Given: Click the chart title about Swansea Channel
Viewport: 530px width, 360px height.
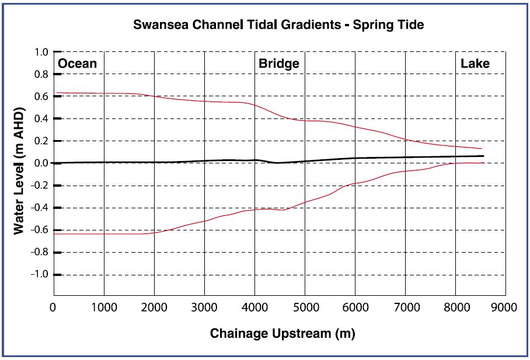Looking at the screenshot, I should [278, 26].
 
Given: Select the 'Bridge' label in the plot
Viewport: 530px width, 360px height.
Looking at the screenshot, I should [279, 64].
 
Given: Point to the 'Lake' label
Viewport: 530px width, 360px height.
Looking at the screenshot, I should [475, 64].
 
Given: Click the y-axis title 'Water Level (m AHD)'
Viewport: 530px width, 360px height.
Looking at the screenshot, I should [20, 171].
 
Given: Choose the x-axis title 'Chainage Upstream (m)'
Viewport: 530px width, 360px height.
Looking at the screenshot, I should [282, 334].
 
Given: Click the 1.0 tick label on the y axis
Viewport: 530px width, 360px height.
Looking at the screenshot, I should [41, 53].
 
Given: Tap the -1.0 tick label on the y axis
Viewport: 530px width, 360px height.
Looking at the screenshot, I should [40, 275].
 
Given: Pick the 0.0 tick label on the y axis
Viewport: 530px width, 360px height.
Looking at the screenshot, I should [41, 163].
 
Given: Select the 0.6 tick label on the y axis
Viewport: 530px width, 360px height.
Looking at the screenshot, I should [41, 97].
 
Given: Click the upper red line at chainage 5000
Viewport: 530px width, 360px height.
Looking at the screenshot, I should [305, 120].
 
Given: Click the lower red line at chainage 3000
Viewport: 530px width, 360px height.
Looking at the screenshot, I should [204, 221].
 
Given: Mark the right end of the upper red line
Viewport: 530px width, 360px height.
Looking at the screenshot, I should [481, 149].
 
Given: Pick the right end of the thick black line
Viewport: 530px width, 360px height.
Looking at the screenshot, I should [483, 156].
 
